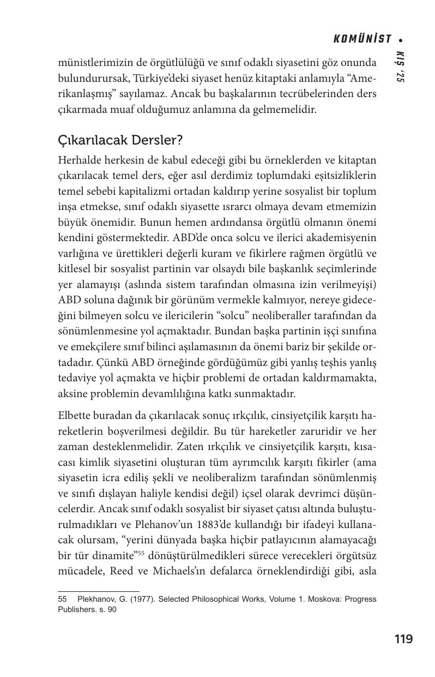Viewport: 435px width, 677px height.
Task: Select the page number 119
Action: coord(403,639)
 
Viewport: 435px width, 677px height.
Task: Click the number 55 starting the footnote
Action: coord(62,599)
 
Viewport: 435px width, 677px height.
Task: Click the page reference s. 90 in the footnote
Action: coord(107,610)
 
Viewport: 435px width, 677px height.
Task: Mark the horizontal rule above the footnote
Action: coord(99,591)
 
